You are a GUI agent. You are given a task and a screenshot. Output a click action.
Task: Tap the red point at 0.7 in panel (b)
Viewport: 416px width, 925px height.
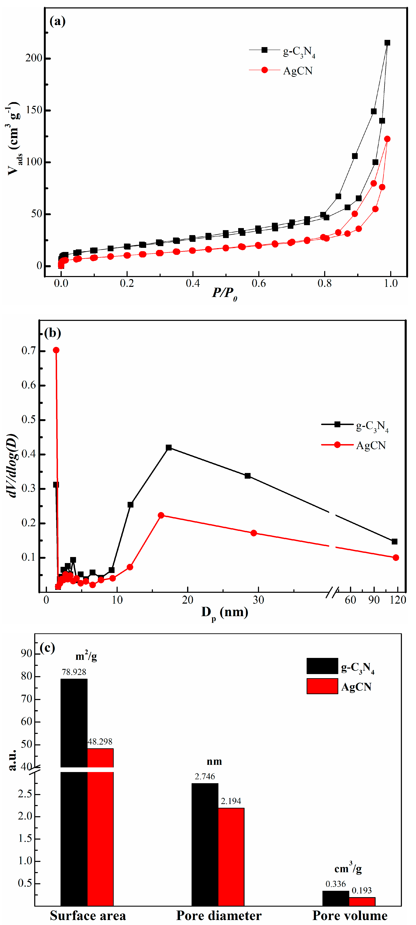(56, 350)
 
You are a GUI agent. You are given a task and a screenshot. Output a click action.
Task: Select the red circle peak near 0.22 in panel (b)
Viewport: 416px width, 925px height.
(161, 515)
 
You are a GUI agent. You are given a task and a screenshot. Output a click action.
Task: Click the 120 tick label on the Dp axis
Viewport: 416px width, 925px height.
(398, 600)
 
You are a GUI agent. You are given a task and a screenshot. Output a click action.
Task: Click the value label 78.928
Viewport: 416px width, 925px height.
(74, 672)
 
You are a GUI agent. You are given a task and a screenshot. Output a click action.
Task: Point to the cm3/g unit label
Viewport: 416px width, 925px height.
(348, 869)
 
